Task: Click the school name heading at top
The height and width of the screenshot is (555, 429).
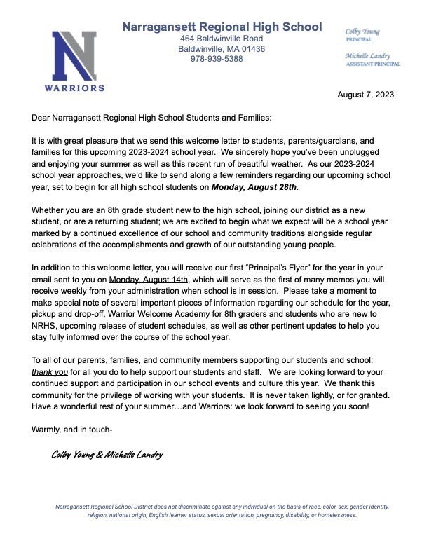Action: (222, 27)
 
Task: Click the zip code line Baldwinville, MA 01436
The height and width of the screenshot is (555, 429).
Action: (222, 49)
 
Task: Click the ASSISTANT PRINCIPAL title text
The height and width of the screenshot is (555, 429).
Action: (373, 64)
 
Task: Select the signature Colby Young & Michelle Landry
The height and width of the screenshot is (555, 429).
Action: (107, 455)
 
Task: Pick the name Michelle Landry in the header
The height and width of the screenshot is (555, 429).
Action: (369, 55)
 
